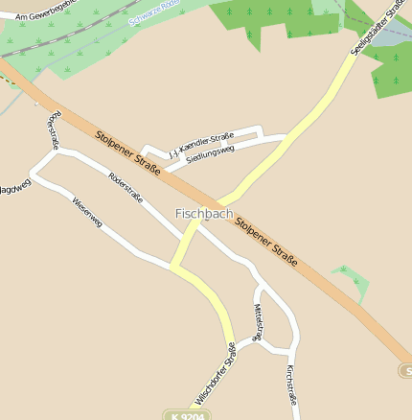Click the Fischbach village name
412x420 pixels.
tap(203, 214)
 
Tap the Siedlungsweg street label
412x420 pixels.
tap(210, 154)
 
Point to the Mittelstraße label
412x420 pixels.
tap(257, 323)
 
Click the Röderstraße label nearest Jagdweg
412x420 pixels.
tap(53, 131)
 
